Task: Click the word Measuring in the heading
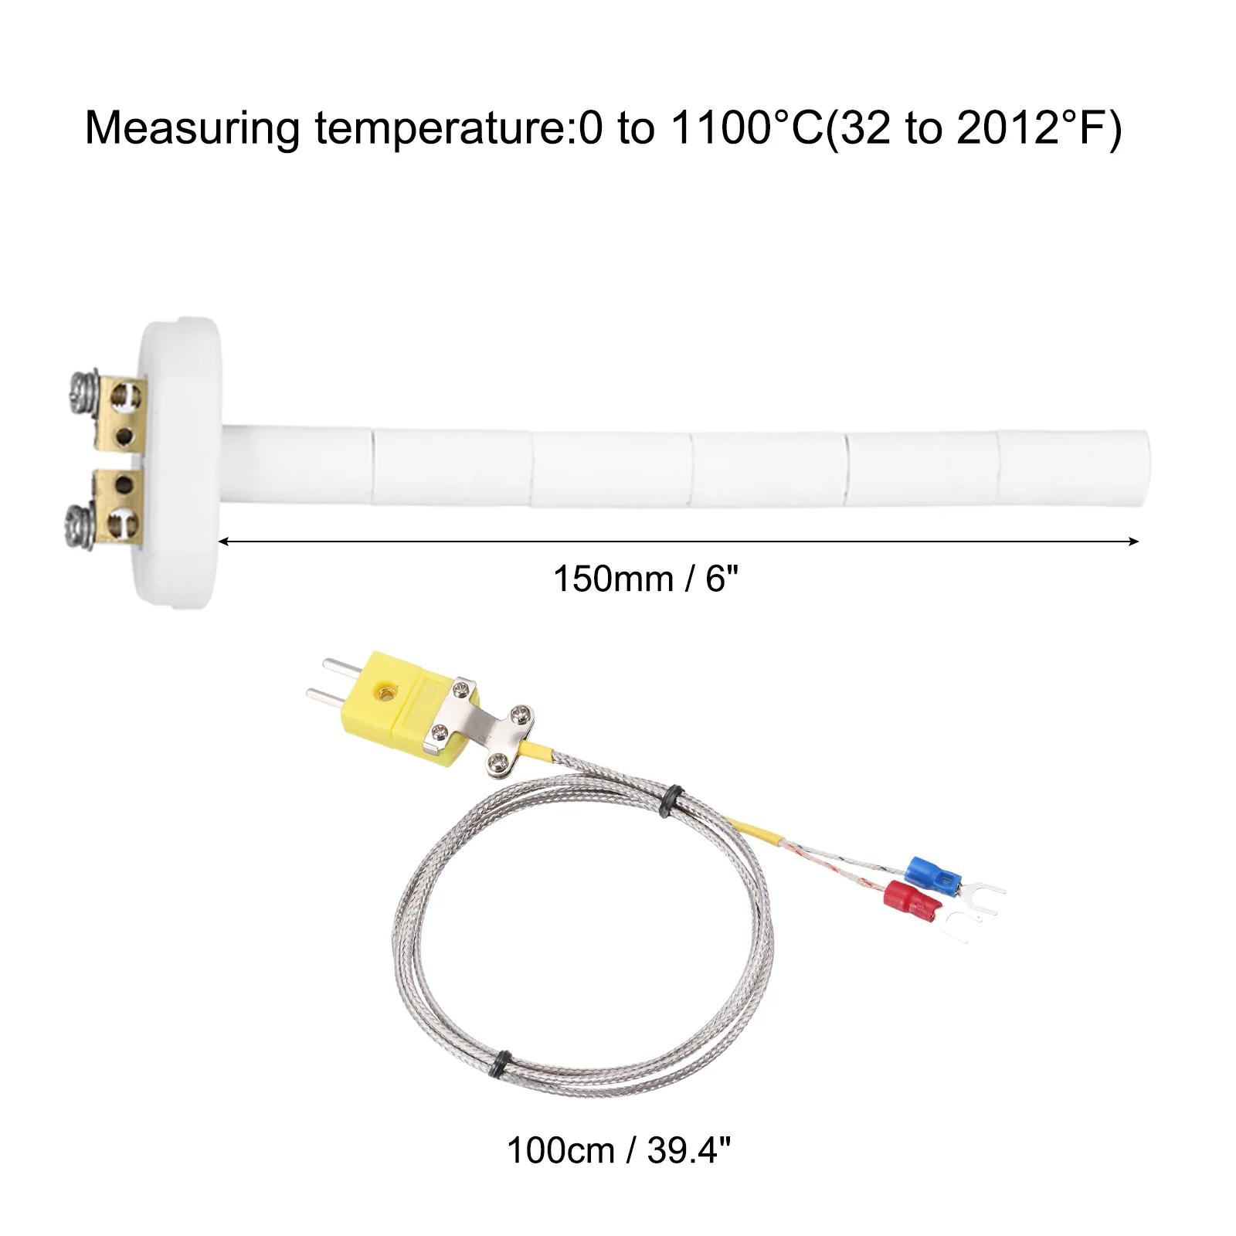pos(192,128)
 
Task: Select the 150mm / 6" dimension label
pos(646,579)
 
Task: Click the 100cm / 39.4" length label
pos(618,1150)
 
